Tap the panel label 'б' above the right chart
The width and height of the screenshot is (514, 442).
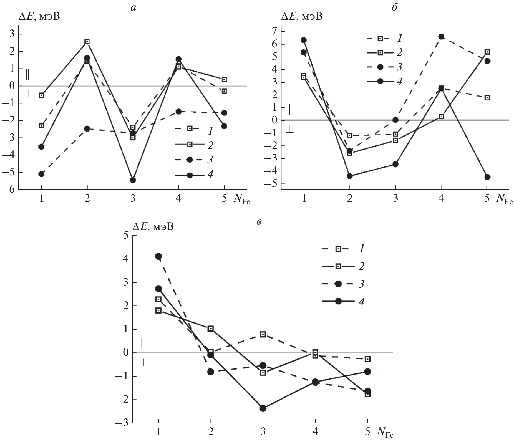click(394, 7)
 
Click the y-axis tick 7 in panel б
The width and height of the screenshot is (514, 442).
click(275, 31)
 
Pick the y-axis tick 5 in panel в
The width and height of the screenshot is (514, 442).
click(126, 236)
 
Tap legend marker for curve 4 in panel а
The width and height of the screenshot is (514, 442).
click(190, 175)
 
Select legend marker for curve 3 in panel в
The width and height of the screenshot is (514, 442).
click(338, 284)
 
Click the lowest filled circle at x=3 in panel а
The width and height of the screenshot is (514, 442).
click(133, 180)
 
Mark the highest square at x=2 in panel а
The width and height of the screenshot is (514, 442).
click(87, 42)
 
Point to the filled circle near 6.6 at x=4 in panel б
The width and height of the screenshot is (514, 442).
click(441, 37)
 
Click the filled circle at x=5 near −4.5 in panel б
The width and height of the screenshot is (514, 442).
click(487, 177)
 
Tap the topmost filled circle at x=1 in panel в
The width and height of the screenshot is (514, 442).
click(158, 256)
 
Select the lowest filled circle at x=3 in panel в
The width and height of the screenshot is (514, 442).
click(263, 408)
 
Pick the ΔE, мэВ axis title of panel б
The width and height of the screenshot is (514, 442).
click(302, 17)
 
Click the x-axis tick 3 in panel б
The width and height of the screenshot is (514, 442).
click(395, 199)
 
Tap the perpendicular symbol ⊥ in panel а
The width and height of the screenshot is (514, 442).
click(29, 95)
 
